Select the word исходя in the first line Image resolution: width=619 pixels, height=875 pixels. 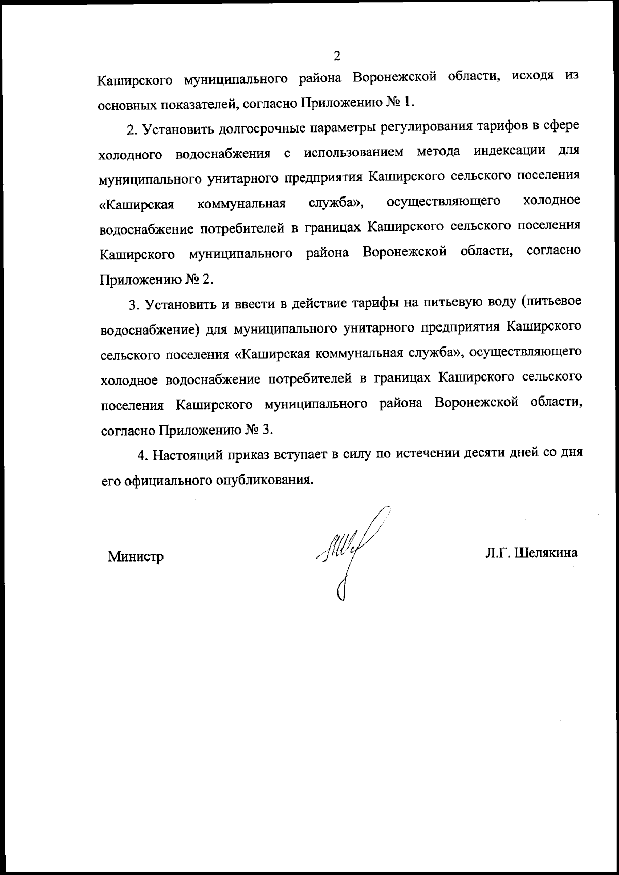click(533, 76)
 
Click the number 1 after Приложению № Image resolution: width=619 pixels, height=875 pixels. click(408, 102)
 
